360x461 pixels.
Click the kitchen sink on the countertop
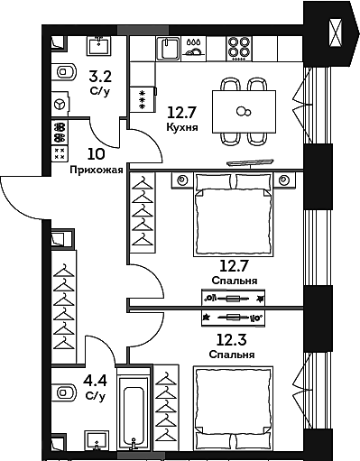tap(168, 49)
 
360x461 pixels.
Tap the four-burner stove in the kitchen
tap(239, 49)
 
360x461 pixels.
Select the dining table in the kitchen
tap(244, 112)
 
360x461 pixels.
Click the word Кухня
tap(182, 127)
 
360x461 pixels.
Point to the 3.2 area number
tap(100, 77)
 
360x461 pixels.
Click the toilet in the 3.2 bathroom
tap(63, 72)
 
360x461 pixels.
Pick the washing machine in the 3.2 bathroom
tap(60, 104)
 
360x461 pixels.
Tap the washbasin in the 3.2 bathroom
tap(98, 46)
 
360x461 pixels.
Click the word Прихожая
tap(97, 171)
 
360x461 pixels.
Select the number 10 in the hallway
tap(97, 154)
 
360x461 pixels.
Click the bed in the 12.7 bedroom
tap(234, 214)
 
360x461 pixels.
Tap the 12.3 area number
tap(232, 340)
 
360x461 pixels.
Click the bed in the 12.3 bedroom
tap(234, 408)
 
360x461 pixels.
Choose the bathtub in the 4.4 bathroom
tap(134, 410)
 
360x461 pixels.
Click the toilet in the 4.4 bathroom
tap(63, 392)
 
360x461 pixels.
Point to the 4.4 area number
tap(96, 382)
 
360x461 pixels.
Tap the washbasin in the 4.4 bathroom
tap(97, 441)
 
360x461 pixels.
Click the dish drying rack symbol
tap(194, 48)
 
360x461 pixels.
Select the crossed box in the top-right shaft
tap(336, 32)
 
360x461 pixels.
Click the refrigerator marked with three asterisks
tap(143, 99)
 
